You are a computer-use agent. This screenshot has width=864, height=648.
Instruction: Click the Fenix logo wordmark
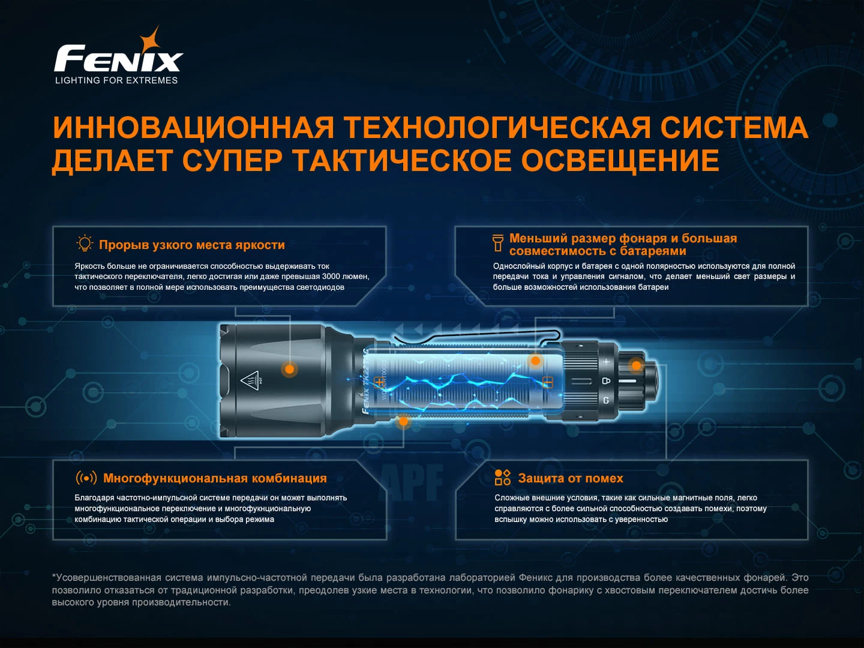coord(118,58)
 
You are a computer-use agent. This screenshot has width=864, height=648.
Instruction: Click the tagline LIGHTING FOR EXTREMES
coord(116,80)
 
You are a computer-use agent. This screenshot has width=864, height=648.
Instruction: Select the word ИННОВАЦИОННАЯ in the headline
coord(193,127)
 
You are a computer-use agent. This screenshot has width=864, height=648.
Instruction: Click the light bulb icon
coord(84,244)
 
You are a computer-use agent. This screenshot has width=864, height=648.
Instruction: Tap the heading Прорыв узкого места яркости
coord(191,245)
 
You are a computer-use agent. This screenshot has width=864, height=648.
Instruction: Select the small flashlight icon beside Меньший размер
coord(497,243)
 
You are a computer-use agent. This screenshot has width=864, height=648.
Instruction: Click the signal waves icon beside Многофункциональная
coord(86,478)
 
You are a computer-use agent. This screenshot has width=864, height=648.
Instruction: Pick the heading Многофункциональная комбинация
coord(215,478)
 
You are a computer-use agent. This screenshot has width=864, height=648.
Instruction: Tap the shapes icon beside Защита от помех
coord(503,477)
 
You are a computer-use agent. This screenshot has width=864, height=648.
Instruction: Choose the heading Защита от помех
coord(571,478)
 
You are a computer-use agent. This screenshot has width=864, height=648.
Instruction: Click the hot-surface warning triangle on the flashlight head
coord(250,380)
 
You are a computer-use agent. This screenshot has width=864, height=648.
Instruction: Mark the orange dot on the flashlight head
coord(290,369)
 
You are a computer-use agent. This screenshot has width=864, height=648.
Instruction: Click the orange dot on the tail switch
coord(636,365)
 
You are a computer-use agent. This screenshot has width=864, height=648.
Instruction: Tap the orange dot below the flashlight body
coord(403,422)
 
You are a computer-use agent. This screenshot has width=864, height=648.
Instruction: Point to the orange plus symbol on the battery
coord(379,382)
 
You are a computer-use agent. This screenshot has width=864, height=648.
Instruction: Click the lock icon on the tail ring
coord(606,380)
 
